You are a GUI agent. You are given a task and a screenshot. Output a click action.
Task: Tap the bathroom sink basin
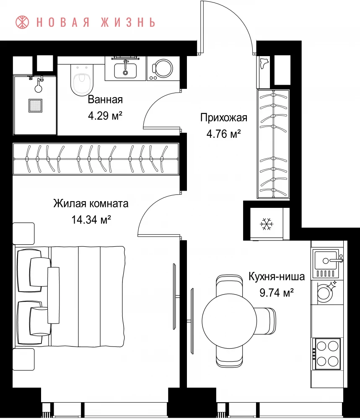pos(125,70)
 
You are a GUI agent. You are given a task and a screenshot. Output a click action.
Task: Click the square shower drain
pos(35,106)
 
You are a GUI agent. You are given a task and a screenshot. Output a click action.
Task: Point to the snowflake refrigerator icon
pos(267,224)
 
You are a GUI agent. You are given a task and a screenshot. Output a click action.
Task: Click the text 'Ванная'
pos(105,100)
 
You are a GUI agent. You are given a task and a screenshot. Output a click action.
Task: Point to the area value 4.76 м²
pos(224,134)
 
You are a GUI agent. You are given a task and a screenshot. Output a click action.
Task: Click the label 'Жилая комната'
pos(91,204)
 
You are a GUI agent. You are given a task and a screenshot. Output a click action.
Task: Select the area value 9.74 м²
pos(277,293)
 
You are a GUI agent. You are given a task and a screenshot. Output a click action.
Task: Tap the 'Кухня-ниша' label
pos(277,277)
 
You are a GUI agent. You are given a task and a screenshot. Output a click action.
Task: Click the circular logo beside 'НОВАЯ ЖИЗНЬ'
pos(22,22)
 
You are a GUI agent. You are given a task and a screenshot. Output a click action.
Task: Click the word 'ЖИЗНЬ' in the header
pos(128,22)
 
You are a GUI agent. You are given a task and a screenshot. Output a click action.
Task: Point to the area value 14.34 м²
pos(91,220)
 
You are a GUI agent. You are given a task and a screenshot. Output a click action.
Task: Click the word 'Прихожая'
pos(224,118)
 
